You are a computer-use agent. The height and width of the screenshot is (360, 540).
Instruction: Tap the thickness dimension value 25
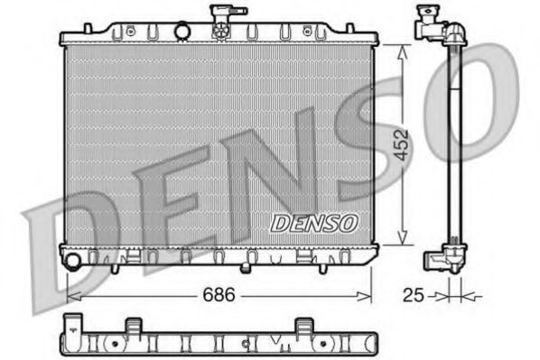tap(412, 295)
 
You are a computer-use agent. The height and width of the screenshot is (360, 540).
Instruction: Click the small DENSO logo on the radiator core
tap(314, 222)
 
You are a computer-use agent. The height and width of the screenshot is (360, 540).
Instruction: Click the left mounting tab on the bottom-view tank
tap(132, 325)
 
